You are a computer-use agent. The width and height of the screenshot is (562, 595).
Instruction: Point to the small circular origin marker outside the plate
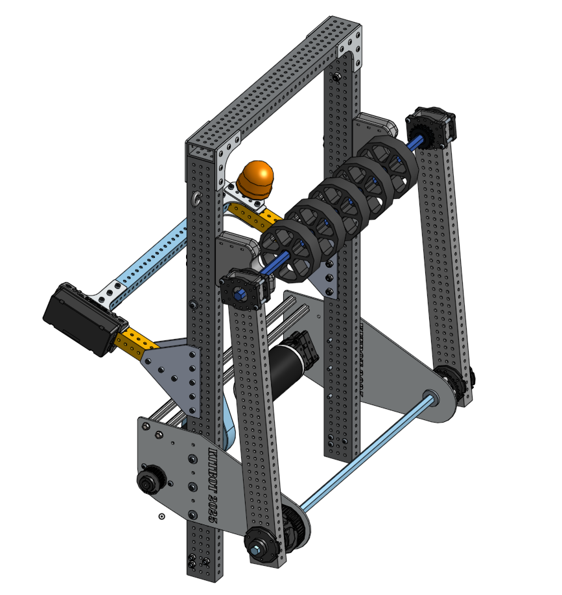point(161,516)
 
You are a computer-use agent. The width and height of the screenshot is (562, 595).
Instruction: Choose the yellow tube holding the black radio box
point(133,339)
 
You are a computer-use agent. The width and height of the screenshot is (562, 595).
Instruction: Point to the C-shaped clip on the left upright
point(195,198)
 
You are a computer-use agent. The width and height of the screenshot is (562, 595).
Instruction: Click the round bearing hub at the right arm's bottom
point(456,383)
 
